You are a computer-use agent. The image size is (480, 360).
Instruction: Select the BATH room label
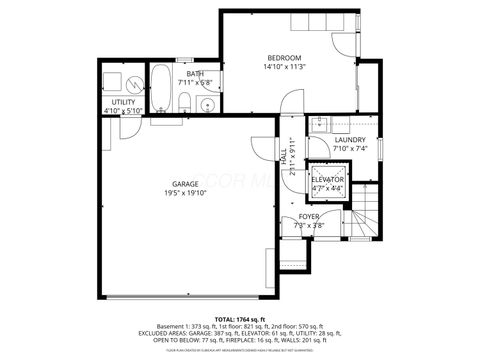click(x=195, y=73)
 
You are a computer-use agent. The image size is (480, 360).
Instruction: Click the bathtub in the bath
click(x=161, y=88)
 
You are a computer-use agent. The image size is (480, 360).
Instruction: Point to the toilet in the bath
click(x=185, y=100)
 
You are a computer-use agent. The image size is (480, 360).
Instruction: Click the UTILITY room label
click(x=124, y=102)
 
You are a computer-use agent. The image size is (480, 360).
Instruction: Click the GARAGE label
click(x=184, y=184)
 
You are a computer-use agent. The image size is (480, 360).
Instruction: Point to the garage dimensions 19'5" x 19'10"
click(x=184, y=194)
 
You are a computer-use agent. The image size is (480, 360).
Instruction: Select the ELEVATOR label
click(x=327, y=179)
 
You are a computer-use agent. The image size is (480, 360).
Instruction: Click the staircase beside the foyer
click(x=367, y=215)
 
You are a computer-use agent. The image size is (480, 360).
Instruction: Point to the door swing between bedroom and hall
click(x=290, y=102)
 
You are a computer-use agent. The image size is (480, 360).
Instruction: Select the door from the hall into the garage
click(x=263, y=150)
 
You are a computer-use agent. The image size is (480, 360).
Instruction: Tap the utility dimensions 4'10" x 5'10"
click(x=124, y=111)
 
